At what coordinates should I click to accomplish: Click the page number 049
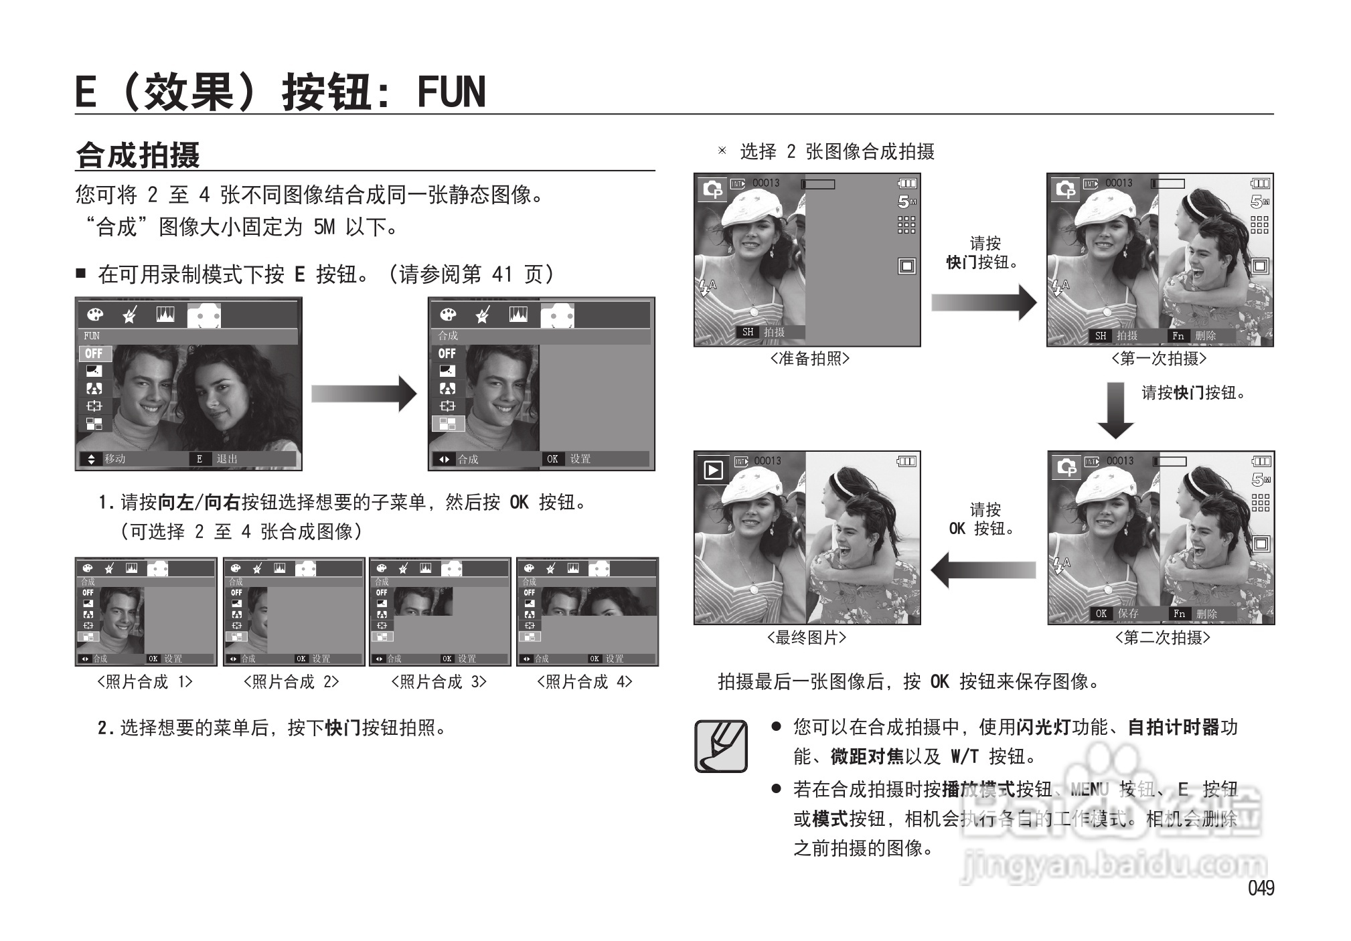pos(1261,888)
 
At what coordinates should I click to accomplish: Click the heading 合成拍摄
pos(138,155)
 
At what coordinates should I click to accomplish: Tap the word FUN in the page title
pos(451,92)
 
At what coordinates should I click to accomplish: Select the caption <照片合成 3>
pos(439,682)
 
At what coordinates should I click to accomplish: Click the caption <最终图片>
pos(807,638)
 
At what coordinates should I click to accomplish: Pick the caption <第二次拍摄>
pos(1162,638)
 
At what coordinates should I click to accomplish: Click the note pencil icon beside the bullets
pos(721,746)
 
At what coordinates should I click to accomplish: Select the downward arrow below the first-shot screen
pos(1115,410)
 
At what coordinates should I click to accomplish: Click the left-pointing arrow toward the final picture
pos(983,570)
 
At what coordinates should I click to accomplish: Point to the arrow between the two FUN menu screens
pos(364,394)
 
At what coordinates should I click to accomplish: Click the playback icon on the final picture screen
pos(713,470)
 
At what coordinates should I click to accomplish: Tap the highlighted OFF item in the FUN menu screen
pos(94,353)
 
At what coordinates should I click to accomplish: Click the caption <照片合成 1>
pos(145,682)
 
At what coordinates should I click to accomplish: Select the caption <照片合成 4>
pos(585,682)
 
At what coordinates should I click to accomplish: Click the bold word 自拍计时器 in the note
pos(1173,727)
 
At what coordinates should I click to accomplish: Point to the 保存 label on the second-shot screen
pos(1128,613)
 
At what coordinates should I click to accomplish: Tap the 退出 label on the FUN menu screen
pos(227,459)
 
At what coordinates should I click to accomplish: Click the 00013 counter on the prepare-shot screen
pos(766,183)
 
